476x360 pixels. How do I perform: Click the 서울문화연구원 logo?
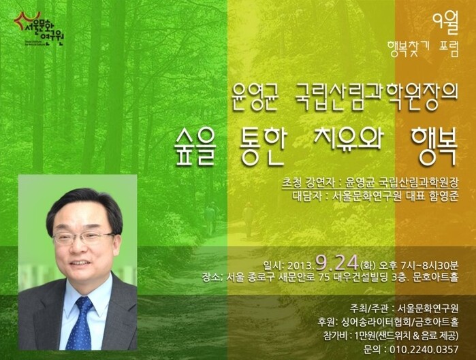(39, 29)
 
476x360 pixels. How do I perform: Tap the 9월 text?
(445, 24)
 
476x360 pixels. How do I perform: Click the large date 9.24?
(336, 263)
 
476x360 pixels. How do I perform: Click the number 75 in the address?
(325, 277)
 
